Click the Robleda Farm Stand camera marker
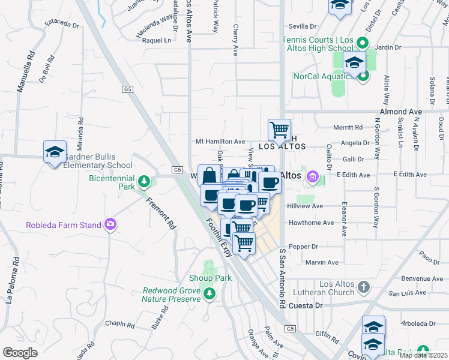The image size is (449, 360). pyautogui.click(x=110, y=225)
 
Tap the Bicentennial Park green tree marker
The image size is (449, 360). pyautogui.click(x=143, y=181)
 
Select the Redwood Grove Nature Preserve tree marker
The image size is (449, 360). pyautogui.click(x=209, y=293)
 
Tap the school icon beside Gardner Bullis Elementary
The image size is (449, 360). pyautogui.click(x=55, y=152)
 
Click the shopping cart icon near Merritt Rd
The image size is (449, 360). pyautogui.click(x=279, y=130)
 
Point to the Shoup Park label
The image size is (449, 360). pyautogui.click(x=210, y=278)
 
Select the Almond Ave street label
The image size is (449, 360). pyautogui.click(x=400, y=112)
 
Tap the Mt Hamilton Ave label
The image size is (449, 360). pyautogui.click(x=220, y=142)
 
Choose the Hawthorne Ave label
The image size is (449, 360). pyautogui.click(x=311, y=223)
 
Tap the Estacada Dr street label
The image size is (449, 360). pyautogui.click(x=62, y=25)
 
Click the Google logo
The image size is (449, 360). pyautogui.click(x=20, y=353)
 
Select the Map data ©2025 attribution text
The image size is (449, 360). pyautogui.click(x=424, y=355)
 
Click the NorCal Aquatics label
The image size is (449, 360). pyautogui.click(x=323, y=76)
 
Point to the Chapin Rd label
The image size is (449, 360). pyautogui.click(x=119, y=324)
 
